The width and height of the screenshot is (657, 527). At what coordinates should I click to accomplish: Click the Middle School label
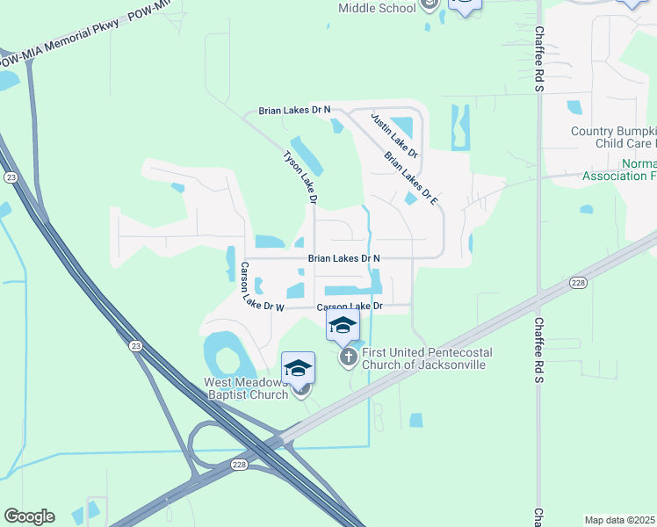point(377,9)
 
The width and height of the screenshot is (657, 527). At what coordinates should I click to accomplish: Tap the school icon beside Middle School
point(429,4)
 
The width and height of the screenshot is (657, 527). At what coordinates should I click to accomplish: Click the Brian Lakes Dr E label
point(411,178)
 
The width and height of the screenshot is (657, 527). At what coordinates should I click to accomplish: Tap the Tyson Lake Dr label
point(299,176)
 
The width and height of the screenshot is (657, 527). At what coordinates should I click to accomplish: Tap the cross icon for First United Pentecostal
point(348,356)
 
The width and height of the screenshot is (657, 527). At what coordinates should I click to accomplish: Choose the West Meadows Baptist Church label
point(246,388)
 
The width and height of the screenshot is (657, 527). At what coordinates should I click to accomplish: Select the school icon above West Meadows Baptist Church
point(298,367)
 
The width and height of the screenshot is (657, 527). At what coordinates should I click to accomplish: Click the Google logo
point(29,516)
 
